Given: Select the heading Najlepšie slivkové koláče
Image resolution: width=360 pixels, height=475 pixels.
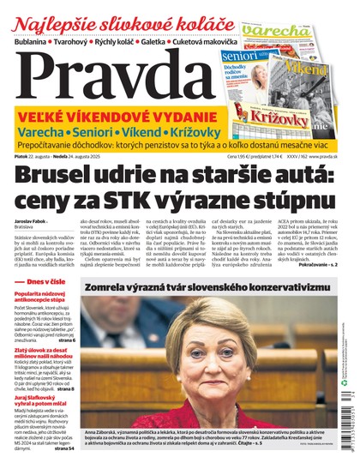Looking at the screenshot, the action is (119, 21).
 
